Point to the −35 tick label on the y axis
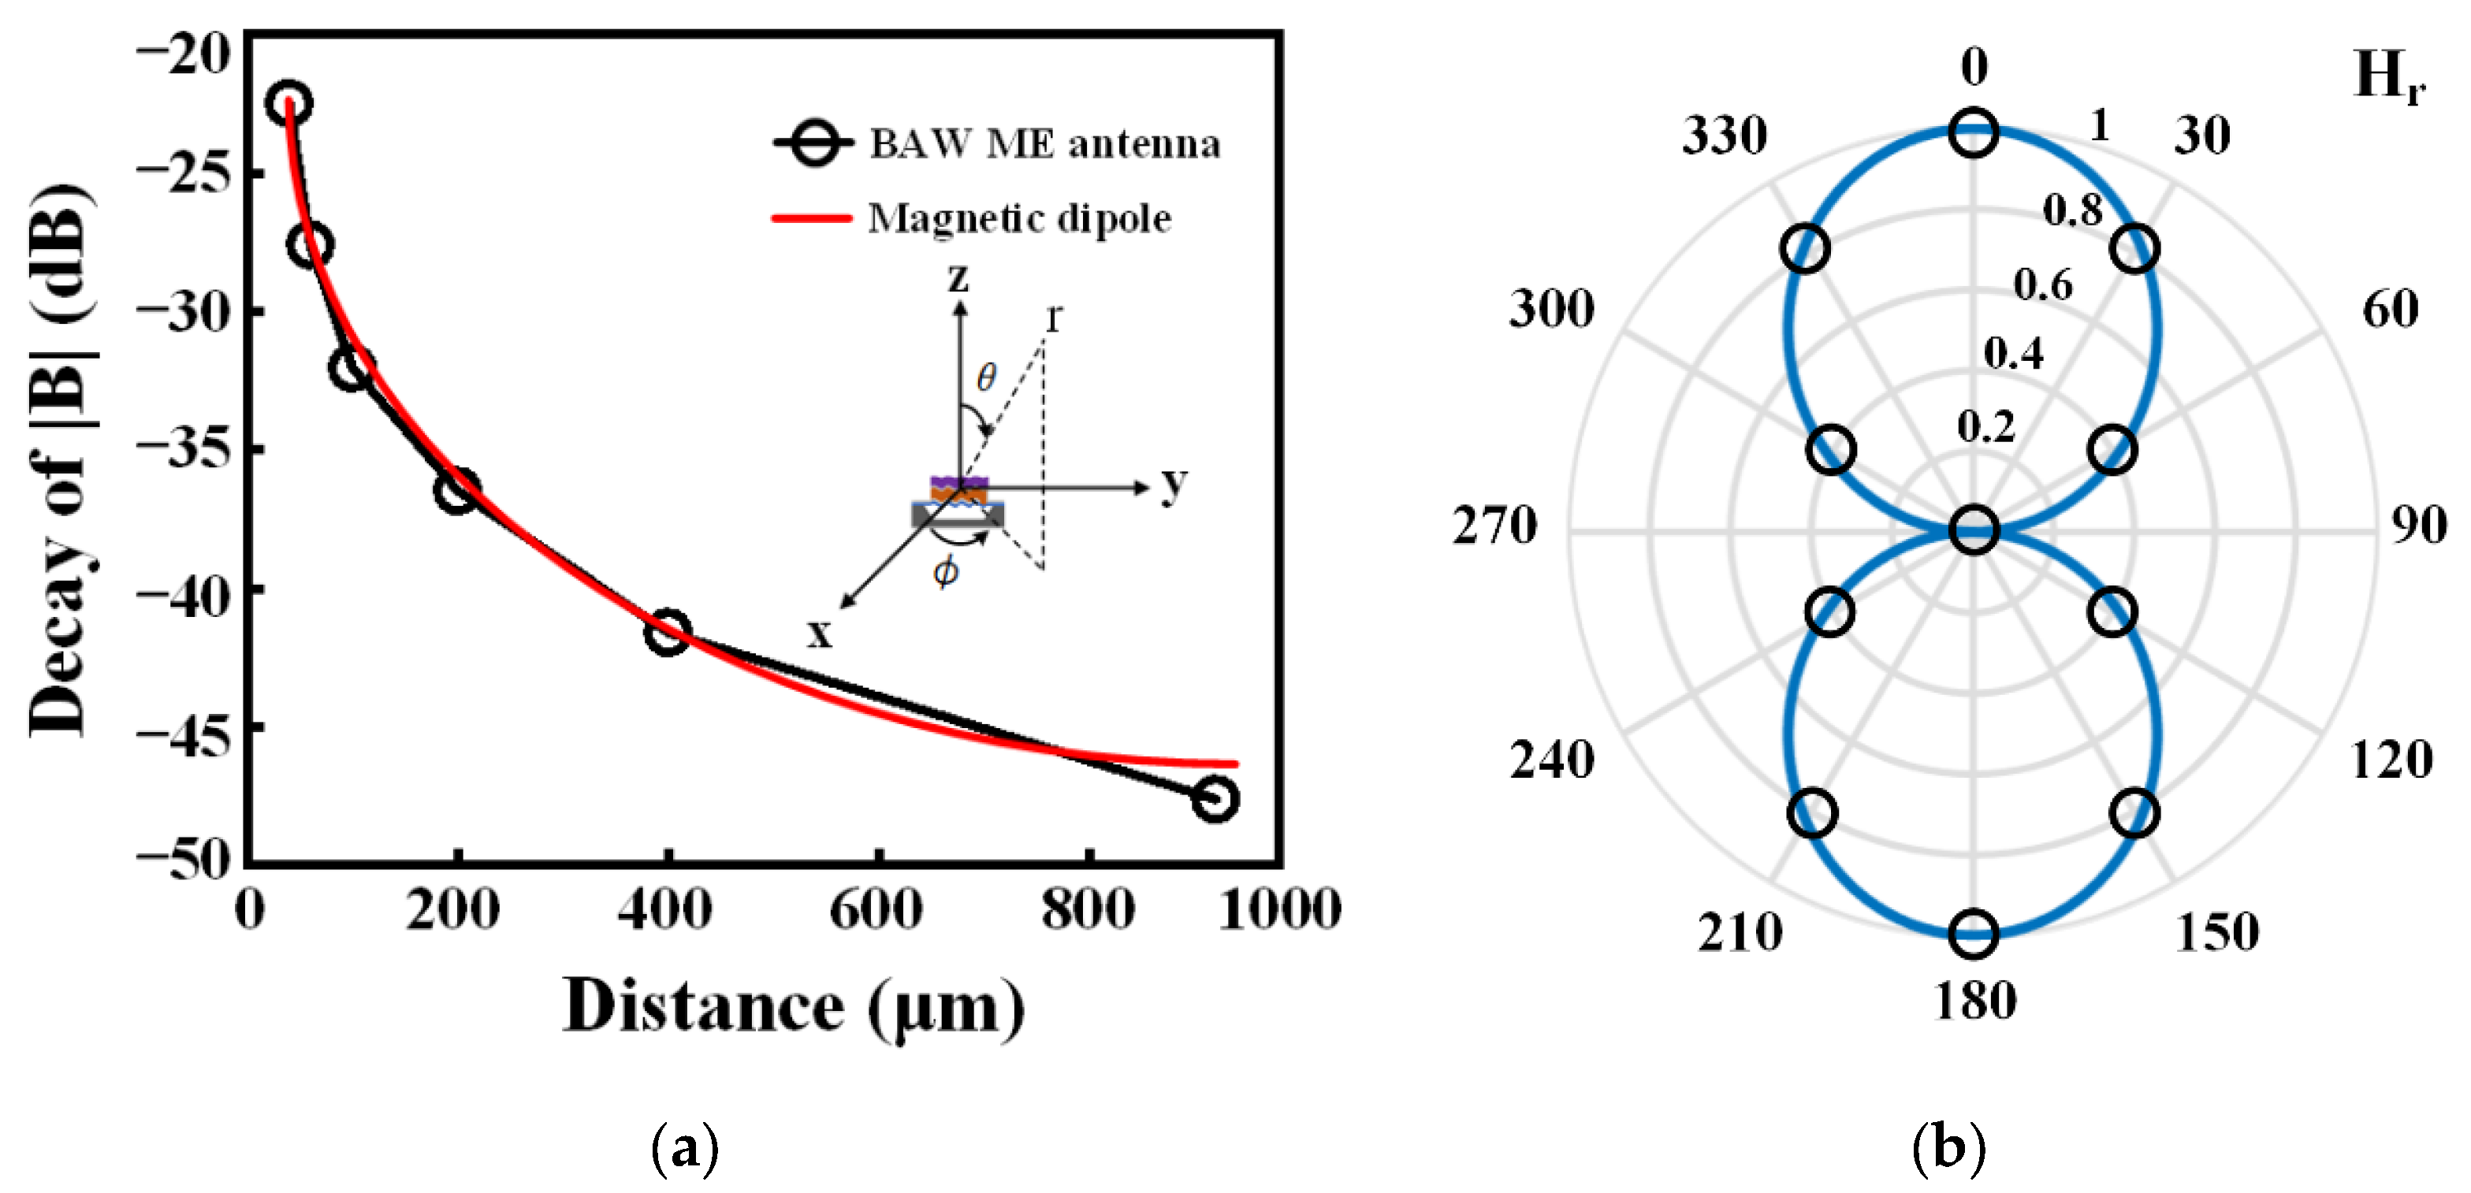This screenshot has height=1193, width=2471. point(184,448)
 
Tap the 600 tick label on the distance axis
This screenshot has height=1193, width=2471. point(876,909)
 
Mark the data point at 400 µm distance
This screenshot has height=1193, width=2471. point(668,631)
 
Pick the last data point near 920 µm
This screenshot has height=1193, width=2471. point(1215,798)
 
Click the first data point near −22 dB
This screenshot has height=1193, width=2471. point(288,103)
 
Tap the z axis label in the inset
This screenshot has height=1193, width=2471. point(958,278)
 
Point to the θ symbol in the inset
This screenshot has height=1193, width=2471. point(986,377)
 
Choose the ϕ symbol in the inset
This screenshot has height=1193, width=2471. point(946,571)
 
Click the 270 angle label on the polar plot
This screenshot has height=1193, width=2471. point(1494,526)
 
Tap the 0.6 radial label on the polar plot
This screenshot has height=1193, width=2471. point(2042,284)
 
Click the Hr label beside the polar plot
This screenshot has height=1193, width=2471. point(2388,76)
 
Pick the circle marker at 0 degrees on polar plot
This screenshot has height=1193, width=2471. point(1973,133)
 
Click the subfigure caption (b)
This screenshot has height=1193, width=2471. point(1948,1146)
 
